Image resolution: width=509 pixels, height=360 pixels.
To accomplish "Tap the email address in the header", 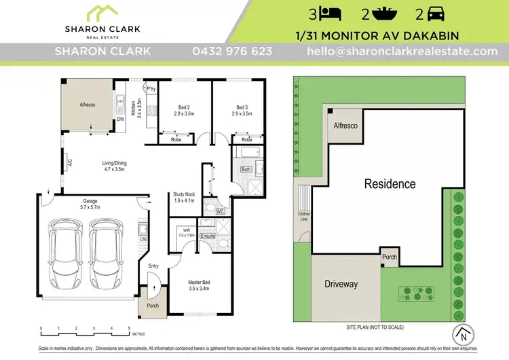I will (402, 52).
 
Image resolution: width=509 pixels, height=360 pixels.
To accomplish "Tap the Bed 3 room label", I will (242, 107).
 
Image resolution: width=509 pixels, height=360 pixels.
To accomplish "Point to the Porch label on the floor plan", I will (152, 306).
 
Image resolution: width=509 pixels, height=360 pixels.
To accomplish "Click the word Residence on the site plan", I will (390, 183).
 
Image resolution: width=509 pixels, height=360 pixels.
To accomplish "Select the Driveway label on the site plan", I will (341, 284).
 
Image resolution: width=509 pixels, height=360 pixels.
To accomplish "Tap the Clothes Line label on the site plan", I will (303, 216).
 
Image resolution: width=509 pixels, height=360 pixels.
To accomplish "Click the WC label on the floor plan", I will (220, 211).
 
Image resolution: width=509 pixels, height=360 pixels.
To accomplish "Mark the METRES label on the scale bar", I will (139, 334).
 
